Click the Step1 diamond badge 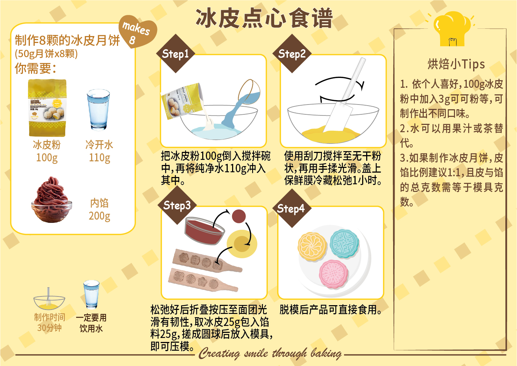176,54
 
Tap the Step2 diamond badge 292,54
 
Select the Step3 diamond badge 177,205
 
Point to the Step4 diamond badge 292,208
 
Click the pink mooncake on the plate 334,274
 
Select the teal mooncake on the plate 344,244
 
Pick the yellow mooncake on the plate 312,247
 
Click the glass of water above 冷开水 98,109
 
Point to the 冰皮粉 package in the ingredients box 47,108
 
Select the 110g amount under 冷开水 99,158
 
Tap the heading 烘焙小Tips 456,64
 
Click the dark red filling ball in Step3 239,216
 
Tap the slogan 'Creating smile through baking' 270,353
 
